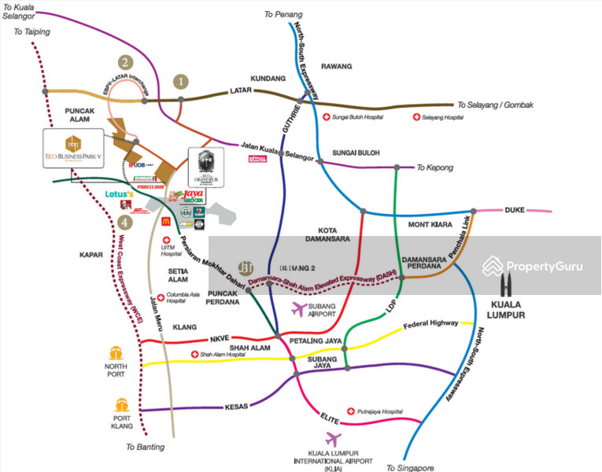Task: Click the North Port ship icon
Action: coord(116,353)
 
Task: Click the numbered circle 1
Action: coord(182,80)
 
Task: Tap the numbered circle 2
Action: coord(124,62)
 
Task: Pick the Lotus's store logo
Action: coord(124,194)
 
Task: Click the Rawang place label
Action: coord(337,67)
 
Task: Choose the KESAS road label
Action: coord(237,407)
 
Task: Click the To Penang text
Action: coord(283,14)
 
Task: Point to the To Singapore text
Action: coord(410,467)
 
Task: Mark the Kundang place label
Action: coord(267,79)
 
